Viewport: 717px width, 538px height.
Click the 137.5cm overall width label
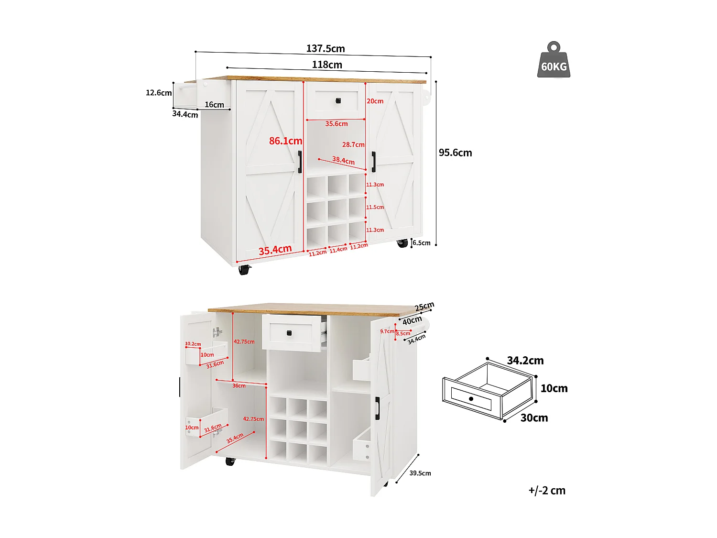click(x=326, y=48)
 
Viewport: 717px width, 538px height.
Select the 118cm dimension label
click(x=327, y=65)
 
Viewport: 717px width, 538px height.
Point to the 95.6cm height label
click(x=455, y=153)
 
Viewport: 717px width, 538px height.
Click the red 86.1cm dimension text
click(x=285, y=141)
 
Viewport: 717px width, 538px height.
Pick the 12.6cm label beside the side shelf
click(x=159, y=93)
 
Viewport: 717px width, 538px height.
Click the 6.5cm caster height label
click(x=422, y=243)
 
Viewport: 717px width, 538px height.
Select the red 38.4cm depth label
click(x=343, y=160)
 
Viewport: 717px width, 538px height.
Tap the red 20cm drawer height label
click(x=375, y=101)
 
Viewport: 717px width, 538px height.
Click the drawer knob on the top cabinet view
click(x=338, y=100)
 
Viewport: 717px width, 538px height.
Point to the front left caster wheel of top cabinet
click(x=244, y=270)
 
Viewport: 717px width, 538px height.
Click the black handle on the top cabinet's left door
click(x=300, y=162)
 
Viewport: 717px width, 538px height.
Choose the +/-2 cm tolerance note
click(x=547, y=491)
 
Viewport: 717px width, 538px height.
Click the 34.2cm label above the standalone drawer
click(x=525, y=361)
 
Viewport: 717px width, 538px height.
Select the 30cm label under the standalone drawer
click(x=534, y=418)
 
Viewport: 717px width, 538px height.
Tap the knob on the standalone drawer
click(x=471, y=398)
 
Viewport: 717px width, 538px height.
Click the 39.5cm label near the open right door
click(x=420, y=473)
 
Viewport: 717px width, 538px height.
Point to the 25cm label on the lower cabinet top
click(x=424, y=307)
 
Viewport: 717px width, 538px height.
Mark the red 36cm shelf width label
click(x=239, y=385)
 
